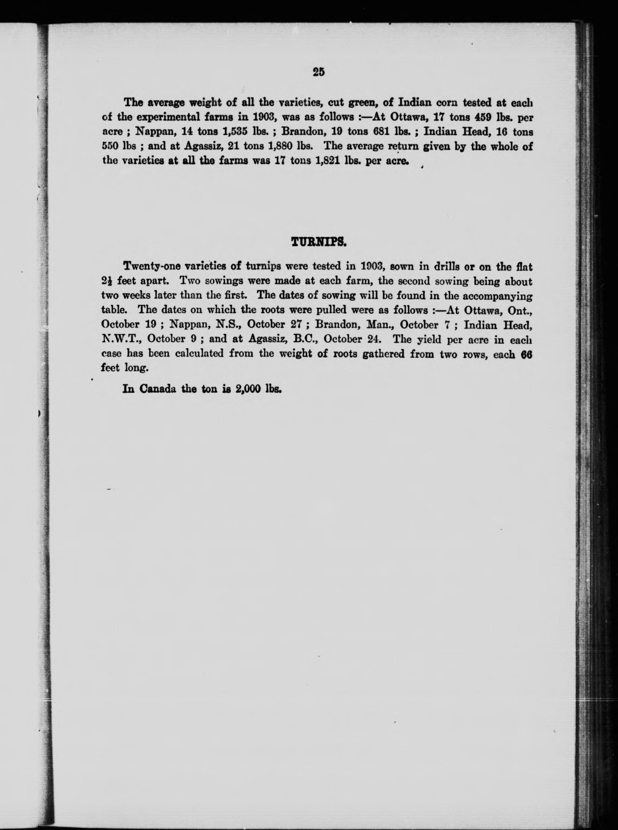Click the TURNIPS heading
pos(319,243)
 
